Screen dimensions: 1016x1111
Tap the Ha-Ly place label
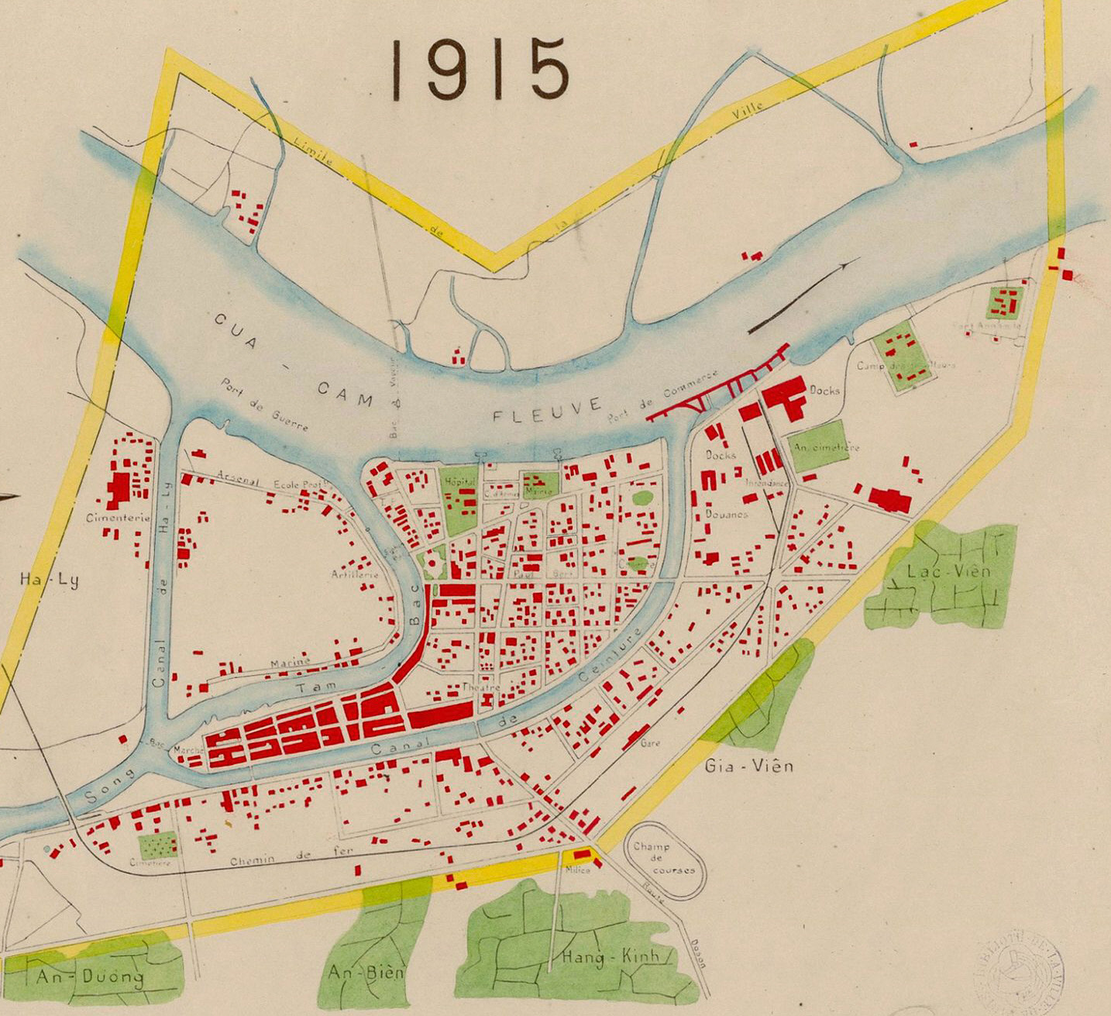tap(49, 579)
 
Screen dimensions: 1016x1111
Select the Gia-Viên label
tap(750, 766)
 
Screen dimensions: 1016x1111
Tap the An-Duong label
tap(89, 976)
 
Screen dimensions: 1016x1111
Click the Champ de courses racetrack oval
tap(663, 859)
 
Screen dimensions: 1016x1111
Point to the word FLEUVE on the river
tap(548, 409)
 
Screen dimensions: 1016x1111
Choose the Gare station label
tap(650, 742)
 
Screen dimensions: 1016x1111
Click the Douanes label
tap(726, 514)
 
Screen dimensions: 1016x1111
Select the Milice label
tap(577, 870)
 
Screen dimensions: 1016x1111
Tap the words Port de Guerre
tap(265, 405)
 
